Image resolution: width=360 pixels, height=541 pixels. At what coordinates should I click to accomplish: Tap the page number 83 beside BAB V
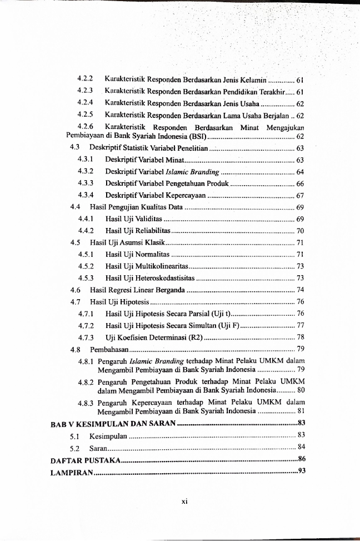(x=302, y=424)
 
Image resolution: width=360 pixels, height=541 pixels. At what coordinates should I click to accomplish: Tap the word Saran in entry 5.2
(x=98, y=448)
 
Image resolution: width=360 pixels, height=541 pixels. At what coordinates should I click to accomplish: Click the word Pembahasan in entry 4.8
(x=109, y=350)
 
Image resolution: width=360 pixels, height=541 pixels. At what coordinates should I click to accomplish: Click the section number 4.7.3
(x=86, y=337)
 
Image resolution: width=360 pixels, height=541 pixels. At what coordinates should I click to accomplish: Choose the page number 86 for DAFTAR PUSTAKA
(x=302, y=459)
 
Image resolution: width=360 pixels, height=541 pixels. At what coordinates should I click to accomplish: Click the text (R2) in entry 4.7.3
(x=194, y=337)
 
